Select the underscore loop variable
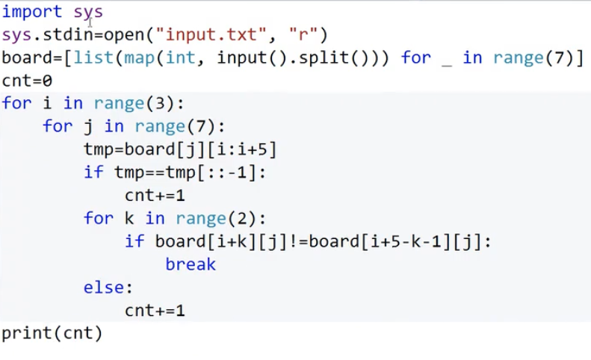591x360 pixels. click(448, 60)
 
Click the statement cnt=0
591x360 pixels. click(28, 81)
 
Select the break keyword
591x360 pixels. click(191, 264)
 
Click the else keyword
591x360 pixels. click(108, 287)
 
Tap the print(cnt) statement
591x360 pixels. click(52, 332)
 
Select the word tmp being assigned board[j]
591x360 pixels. click(99, 150)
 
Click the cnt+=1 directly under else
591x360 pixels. click(155, 309)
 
